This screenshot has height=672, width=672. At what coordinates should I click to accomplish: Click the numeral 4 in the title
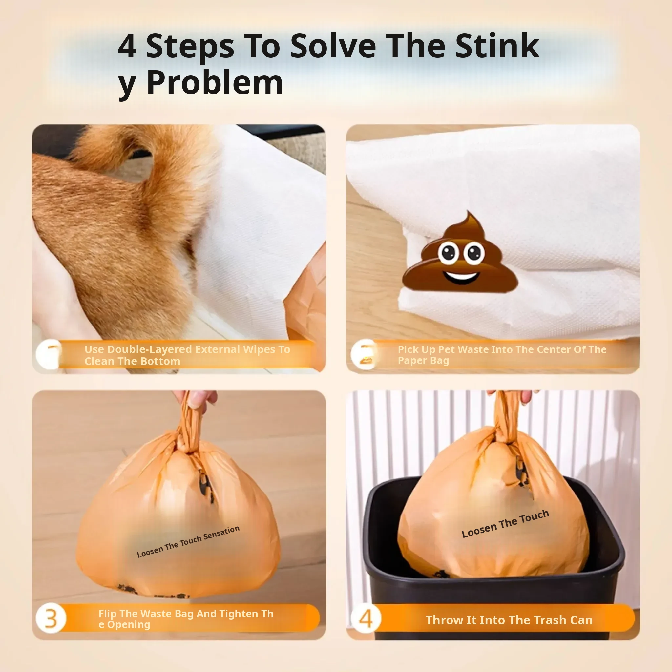pos(127,46)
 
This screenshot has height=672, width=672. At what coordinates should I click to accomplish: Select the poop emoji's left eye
pos(448,252)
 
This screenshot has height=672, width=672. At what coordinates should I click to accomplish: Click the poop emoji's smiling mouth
pos(461,277)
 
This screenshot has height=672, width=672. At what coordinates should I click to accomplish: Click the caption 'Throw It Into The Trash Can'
pos(509,620)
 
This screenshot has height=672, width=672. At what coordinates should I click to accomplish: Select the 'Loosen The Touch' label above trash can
pos(505,523)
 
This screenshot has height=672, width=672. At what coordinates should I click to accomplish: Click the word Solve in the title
pos(333,46)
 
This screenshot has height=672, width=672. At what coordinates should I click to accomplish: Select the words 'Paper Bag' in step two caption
pos(423,361)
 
